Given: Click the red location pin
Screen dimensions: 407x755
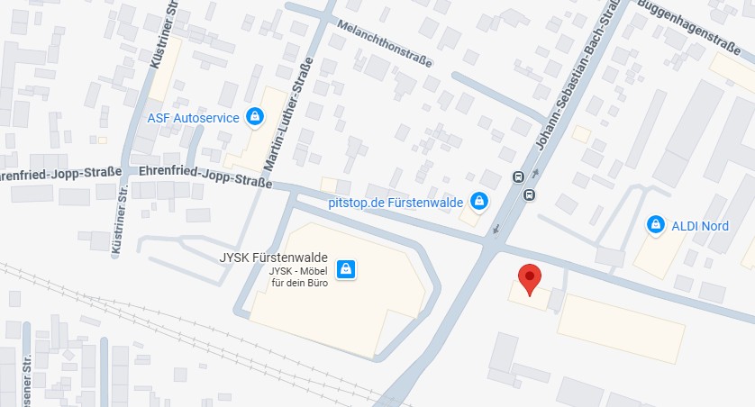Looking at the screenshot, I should tap(530, 278).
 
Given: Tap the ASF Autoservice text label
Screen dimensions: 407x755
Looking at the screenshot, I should tap(194, 117).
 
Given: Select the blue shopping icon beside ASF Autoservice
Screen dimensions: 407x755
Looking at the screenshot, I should tap(256, 116).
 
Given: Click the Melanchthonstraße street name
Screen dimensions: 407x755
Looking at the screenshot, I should tap(383, 44).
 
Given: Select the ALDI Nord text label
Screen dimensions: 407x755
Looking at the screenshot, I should tap(700, 225).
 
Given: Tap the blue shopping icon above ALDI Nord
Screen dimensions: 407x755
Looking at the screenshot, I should tap(654, 223).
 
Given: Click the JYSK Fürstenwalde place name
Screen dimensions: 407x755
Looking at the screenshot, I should tap(274, 257).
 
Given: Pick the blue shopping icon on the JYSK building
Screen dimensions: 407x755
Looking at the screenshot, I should tap(343, 268).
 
